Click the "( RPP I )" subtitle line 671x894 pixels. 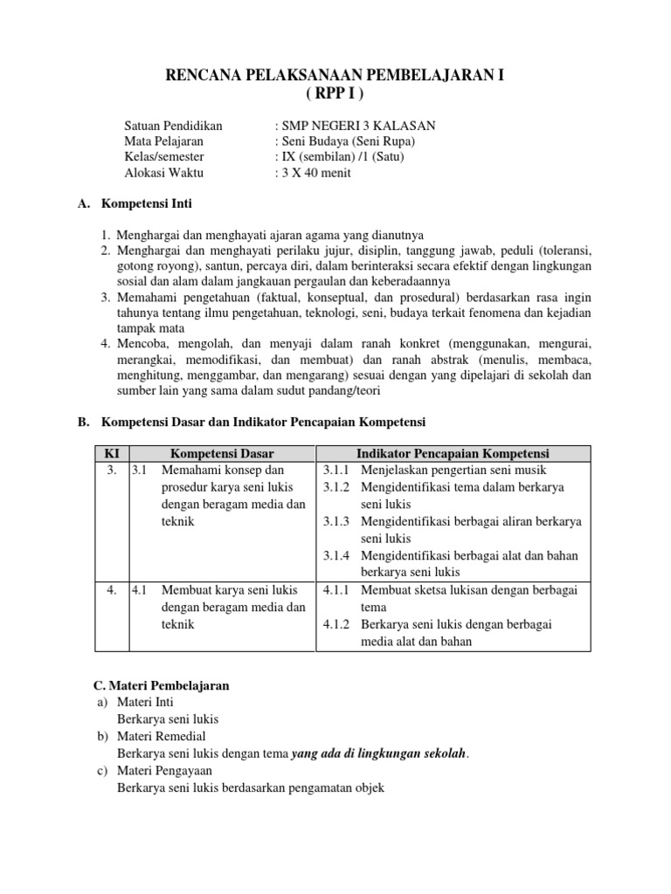(x=335, y=94)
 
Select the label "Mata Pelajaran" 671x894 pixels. (x=164, y=141)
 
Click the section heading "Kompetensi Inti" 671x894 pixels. (x=147, y=204)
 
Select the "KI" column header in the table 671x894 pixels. (x=112, y=454)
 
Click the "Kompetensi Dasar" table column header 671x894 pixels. (x=222, y=454)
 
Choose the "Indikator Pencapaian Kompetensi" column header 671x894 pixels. (x=453, y=454)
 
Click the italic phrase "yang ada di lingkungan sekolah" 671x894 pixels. (x=378, y=753)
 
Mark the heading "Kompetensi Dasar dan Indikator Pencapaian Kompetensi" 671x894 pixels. (x=264, y=422)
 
